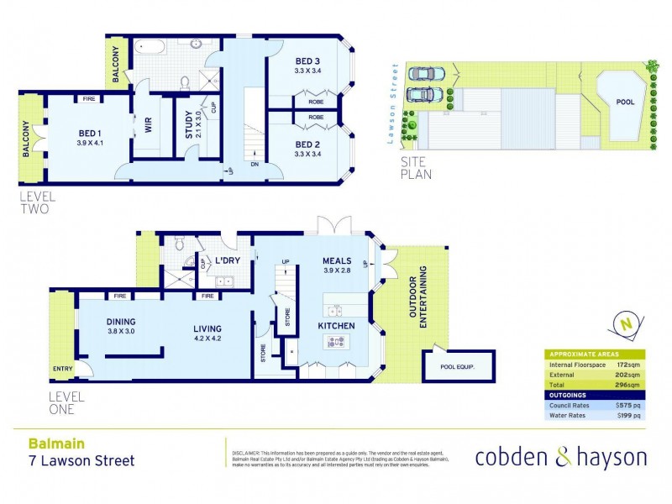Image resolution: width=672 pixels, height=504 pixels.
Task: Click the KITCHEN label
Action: click(336, 325)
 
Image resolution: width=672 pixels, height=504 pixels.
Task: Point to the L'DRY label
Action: click(228, 261)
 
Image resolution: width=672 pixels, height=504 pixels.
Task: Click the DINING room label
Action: click(122, 322)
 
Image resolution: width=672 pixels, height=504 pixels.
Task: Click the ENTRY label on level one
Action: click(62, 368)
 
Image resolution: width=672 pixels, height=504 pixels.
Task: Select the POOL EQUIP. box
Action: click(458, 366)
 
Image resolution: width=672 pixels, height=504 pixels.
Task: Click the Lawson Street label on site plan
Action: click(391, 104)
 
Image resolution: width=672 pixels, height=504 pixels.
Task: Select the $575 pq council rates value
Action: click(627, 404)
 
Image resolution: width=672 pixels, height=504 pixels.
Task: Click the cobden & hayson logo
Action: click(560, 457)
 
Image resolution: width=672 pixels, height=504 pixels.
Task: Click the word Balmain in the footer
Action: click(50, 443)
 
